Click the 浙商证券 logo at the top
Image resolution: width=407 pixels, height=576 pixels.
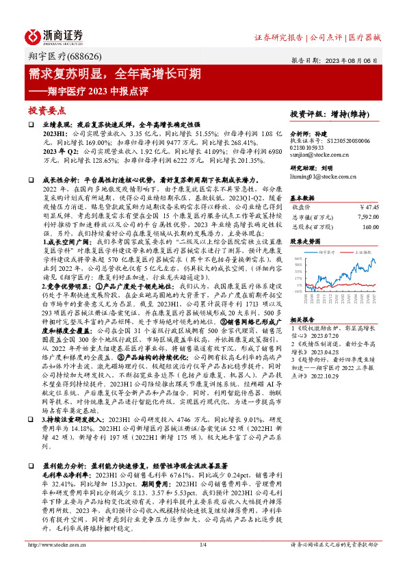coord(55,36)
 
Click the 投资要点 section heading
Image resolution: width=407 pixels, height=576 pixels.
coord(47,109)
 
